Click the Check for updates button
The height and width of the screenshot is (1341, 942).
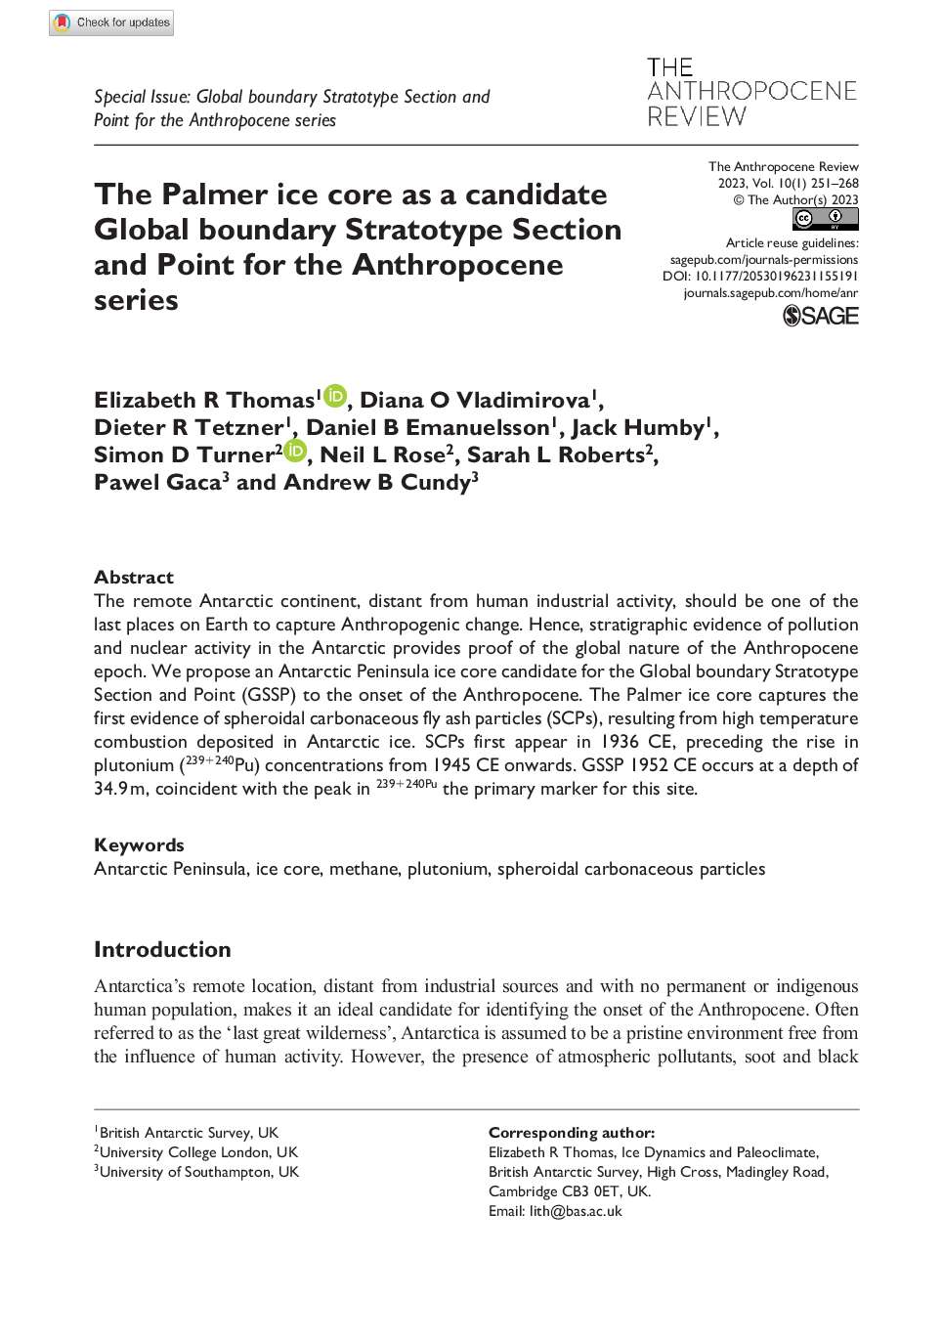(x=111, y=22)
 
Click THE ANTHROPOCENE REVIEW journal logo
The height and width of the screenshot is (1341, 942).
(x=751, y=92)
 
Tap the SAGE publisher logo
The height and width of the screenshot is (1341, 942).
(x=821, y=316)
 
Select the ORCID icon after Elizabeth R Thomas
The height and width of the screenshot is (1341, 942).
(x=335, y=396)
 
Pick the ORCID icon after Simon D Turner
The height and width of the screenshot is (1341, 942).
(x=295, y=451)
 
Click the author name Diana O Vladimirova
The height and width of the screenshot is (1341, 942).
(x=475, y=401)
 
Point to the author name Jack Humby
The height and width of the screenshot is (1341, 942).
(x=638, y=428)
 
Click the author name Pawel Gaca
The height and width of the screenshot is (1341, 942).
(x=157, y=483)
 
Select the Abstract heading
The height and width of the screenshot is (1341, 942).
(x=134, y=578)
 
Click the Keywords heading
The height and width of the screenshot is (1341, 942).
(x=139, y=845)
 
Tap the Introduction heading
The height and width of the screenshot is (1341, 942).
(x=162, y=950)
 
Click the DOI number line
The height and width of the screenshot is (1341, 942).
(x=760, y=277)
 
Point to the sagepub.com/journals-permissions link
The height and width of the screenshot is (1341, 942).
(x=764, y=260)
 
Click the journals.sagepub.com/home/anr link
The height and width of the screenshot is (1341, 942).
(x=771, y=293)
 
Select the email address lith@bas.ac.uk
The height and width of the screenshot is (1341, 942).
(x=576, y=1211)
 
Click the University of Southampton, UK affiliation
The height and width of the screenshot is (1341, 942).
(x=198, y=1172)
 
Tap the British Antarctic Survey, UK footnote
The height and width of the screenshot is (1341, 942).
(x=188, y=1133)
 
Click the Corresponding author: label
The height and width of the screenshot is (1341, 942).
(x=572, y=1133)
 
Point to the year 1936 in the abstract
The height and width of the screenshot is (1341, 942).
(x=620, y=742)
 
